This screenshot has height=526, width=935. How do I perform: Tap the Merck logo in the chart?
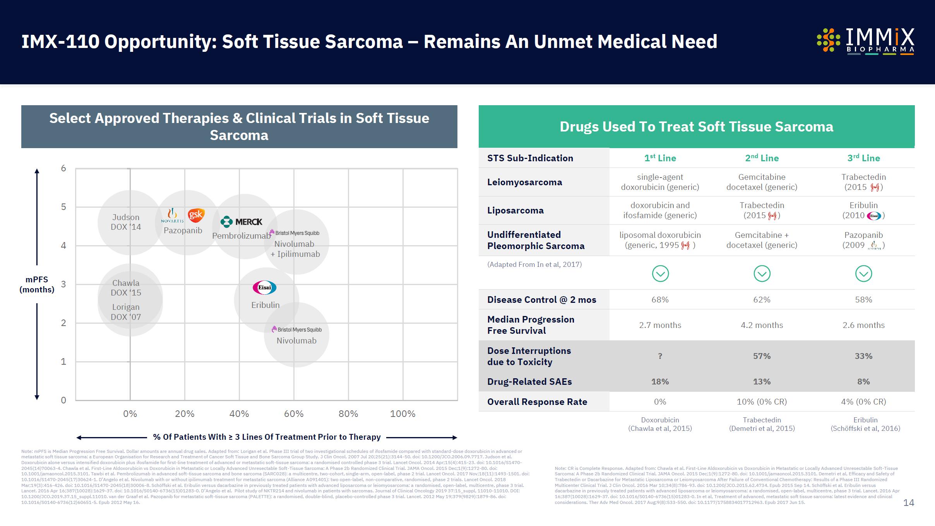[241, 222]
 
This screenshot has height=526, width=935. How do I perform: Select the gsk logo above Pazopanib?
[196, 215]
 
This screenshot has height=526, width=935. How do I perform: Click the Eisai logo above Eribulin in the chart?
[265, 287]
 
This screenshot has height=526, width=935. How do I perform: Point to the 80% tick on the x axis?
[348, 414]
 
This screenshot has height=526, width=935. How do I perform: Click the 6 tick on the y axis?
[63, 168]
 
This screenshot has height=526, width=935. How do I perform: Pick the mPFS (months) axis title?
[37, 284]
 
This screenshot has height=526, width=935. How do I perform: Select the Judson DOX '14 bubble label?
[126, 222]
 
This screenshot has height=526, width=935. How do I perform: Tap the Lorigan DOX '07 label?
[126, 312]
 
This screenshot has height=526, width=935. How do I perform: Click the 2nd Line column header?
[762, 158]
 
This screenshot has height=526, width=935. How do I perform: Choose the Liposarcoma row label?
[515, 210]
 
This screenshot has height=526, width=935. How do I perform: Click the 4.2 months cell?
[762, 325]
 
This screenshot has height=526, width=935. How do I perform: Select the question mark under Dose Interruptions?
[660, 356]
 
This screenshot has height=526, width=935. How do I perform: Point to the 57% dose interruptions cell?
[762, 356]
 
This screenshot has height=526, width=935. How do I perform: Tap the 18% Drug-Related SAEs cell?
[660, 382]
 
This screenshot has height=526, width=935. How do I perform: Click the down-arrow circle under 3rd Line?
[863, 274]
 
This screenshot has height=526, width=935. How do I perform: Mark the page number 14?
[908, 503]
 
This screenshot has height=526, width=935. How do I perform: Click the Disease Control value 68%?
[660, 300]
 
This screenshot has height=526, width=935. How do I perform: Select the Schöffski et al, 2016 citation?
[865, 429]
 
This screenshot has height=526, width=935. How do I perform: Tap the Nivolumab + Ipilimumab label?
[295, 249]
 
